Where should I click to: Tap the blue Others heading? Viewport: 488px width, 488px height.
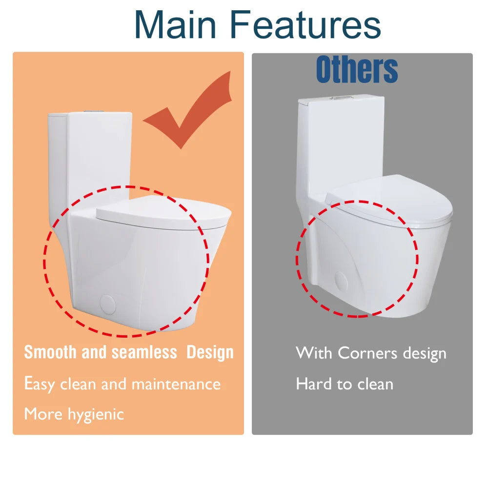(357, 69)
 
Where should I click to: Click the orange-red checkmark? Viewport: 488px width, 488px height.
(190, 110)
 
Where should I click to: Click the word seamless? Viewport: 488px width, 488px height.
(144, 352)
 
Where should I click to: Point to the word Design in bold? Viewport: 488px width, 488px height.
(210, 352)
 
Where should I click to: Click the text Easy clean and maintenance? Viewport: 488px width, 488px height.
(122, 384)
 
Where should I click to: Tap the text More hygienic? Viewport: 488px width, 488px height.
(74, 414)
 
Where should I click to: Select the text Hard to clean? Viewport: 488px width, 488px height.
(344, 384)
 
